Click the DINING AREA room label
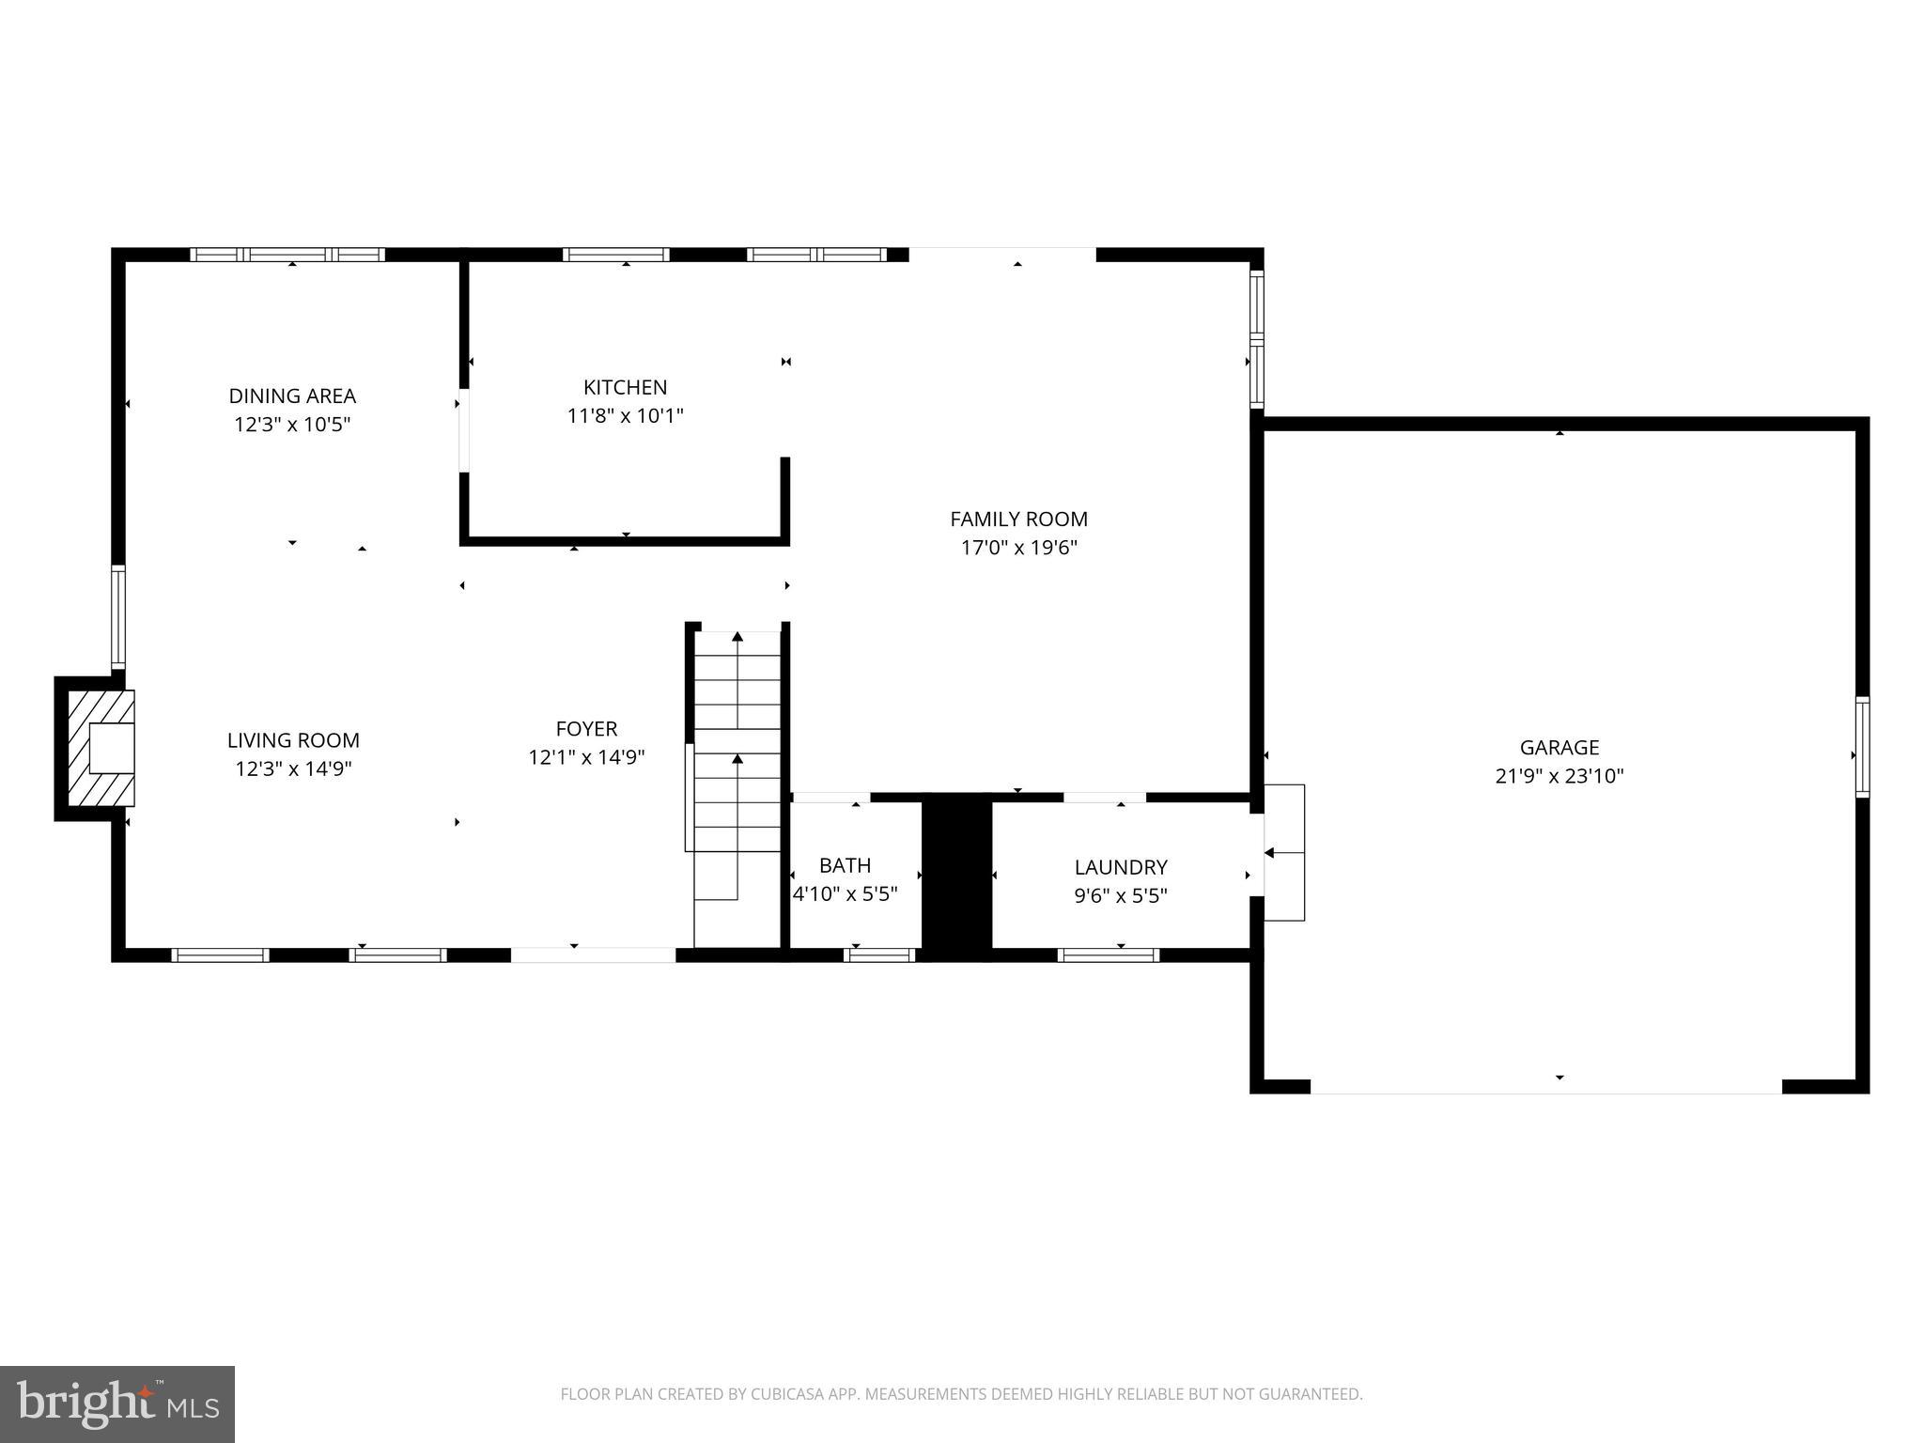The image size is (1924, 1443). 292,396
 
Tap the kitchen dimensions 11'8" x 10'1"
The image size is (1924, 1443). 625,415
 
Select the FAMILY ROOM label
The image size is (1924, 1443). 1018,519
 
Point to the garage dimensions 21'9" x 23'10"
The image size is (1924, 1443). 1559,776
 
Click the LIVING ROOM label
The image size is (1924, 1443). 293,740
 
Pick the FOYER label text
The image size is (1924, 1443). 586,728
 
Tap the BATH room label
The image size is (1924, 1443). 845,865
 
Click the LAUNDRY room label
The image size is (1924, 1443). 1120,867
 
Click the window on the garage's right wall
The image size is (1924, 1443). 1861,747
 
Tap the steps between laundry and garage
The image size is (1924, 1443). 1284,852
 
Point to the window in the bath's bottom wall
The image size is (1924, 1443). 879,955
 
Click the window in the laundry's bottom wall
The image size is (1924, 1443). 1108,955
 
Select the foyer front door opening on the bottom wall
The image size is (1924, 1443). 593,955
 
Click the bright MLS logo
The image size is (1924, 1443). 117,1404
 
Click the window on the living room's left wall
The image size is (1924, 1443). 118,616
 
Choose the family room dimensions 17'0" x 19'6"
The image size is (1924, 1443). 1018,548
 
